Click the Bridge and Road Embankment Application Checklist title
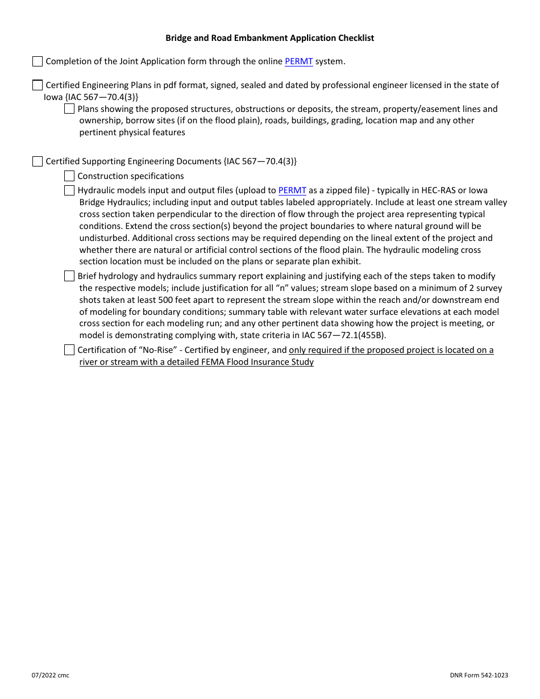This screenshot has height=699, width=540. point(269,38)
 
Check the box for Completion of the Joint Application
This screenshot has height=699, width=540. point(38,61)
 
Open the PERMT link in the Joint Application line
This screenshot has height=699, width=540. point(298,61)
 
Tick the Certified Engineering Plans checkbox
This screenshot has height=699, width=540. point(38,85)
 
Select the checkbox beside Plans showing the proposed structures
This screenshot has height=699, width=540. point(69,109)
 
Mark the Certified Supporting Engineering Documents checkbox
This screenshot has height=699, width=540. point(38,161)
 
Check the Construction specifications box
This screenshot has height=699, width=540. point(69,176)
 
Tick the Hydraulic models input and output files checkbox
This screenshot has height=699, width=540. point(69,190)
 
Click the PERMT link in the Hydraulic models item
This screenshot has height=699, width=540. point(292,190)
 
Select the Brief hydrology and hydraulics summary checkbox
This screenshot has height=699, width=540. point(69,276)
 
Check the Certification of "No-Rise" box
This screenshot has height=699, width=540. point(69,350)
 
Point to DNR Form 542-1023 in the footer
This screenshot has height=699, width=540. point(479,675)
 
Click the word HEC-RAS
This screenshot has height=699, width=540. point(435,190)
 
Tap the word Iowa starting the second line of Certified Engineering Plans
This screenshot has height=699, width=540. point(53,97)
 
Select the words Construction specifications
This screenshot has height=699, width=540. point(131,176)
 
